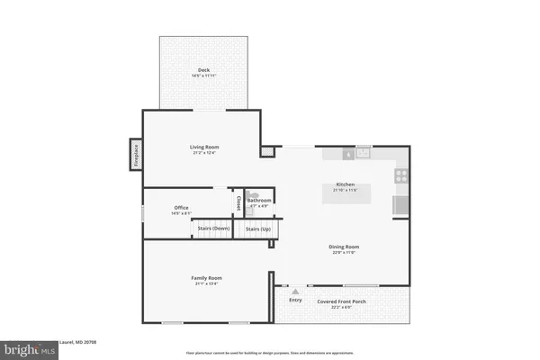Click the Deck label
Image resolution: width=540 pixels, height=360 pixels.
(203, 70)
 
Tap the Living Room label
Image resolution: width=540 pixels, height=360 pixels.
(204, 147)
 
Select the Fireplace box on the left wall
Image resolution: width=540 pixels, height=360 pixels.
(135, 155)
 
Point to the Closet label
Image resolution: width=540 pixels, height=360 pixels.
(238, 203)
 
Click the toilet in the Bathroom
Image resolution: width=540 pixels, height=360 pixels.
(252, 195)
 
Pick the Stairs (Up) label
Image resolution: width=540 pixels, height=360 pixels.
(258, 229)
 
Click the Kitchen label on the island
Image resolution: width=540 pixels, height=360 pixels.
(346, 184)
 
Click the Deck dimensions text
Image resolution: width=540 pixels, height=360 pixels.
(203, 76)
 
